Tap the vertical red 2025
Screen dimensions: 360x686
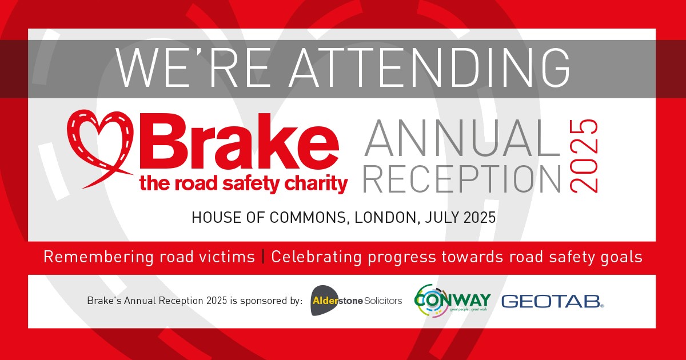[584, 155]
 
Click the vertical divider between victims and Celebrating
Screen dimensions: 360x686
[263, 257]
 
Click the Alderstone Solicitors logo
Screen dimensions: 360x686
[356, 301]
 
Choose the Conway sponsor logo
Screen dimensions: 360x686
[452, 301]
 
